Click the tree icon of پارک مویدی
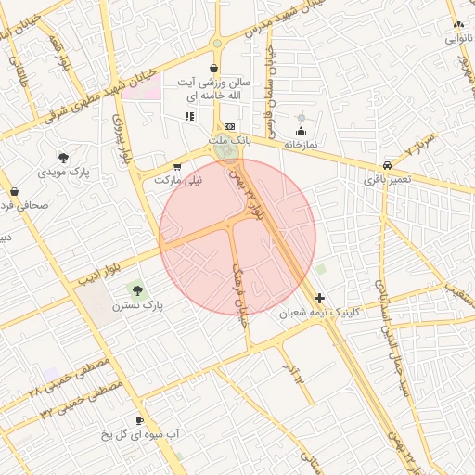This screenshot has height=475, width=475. tap(63, 157)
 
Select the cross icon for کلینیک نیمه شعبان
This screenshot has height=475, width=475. tap(320, 299)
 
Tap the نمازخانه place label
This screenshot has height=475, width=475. tap(301, 146)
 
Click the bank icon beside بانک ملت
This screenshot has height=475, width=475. tap(229, 126)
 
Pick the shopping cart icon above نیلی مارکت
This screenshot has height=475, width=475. tap(177, 166)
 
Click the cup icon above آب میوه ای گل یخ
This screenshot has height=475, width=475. tap(140, 420)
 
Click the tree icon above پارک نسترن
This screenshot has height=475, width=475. tap(138, 290)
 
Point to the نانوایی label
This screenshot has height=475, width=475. tap(459, 39)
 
